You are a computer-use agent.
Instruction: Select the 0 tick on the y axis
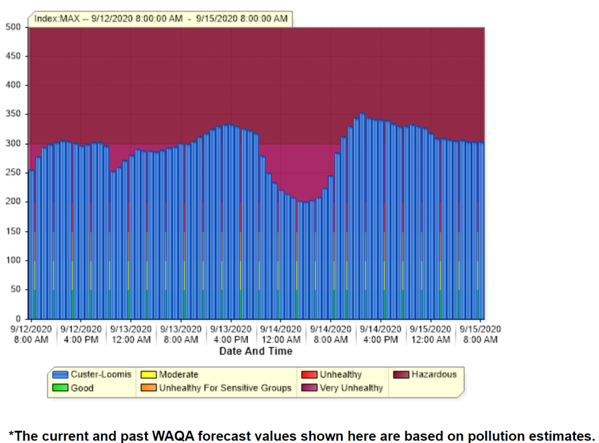click(x=19, y=318)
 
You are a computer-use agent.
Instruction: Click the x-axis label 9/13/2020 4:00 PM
click(x=231, y=334)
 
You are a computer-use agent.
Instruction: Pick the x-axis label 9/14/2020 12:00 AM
click(x=281, y=334)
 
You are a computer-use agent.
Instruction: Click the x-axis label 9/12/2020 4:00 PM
click(x=81, y=334)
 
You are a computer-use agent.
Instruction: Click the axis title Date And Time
click(x=256, y=351)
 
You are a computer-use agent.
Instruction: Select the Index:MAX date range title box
click(x=161, y=19)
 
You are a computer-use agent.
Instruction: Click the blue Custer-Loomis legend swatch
click(x=60, y=375)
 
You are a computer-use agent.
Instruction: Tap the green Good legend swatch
click(x=60, y=387)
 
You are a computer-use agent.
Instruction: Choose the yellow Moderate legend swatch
click(x=149, y=375)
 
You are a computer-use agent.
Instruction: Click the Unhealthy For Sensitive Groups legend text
click(x=225, y=387)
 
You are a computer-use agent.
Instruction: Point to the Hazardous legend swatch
click(x=401, y=375)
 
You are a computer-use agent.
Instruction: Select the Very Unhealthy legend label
click(x=351, y=387)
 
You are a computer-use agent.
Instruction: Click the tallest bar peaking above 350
click(x=362, y=217)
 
